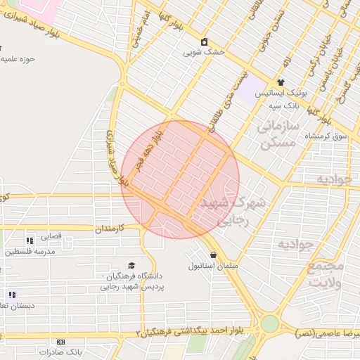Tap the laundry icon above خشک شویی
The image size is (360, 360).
[205, 41]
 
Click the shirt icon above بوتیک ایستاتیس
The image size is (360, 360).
[281, 82]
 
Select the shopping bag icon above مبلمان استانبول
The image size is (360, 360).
[213, 255]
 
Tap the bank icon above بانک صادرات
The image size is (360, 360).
[60, 342]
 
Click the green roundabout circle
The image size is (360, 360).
[269, 323]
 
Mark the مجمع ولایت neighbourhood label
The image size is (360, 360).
[326, 275]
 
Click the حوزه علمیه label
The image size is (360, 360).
[18, 59]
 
